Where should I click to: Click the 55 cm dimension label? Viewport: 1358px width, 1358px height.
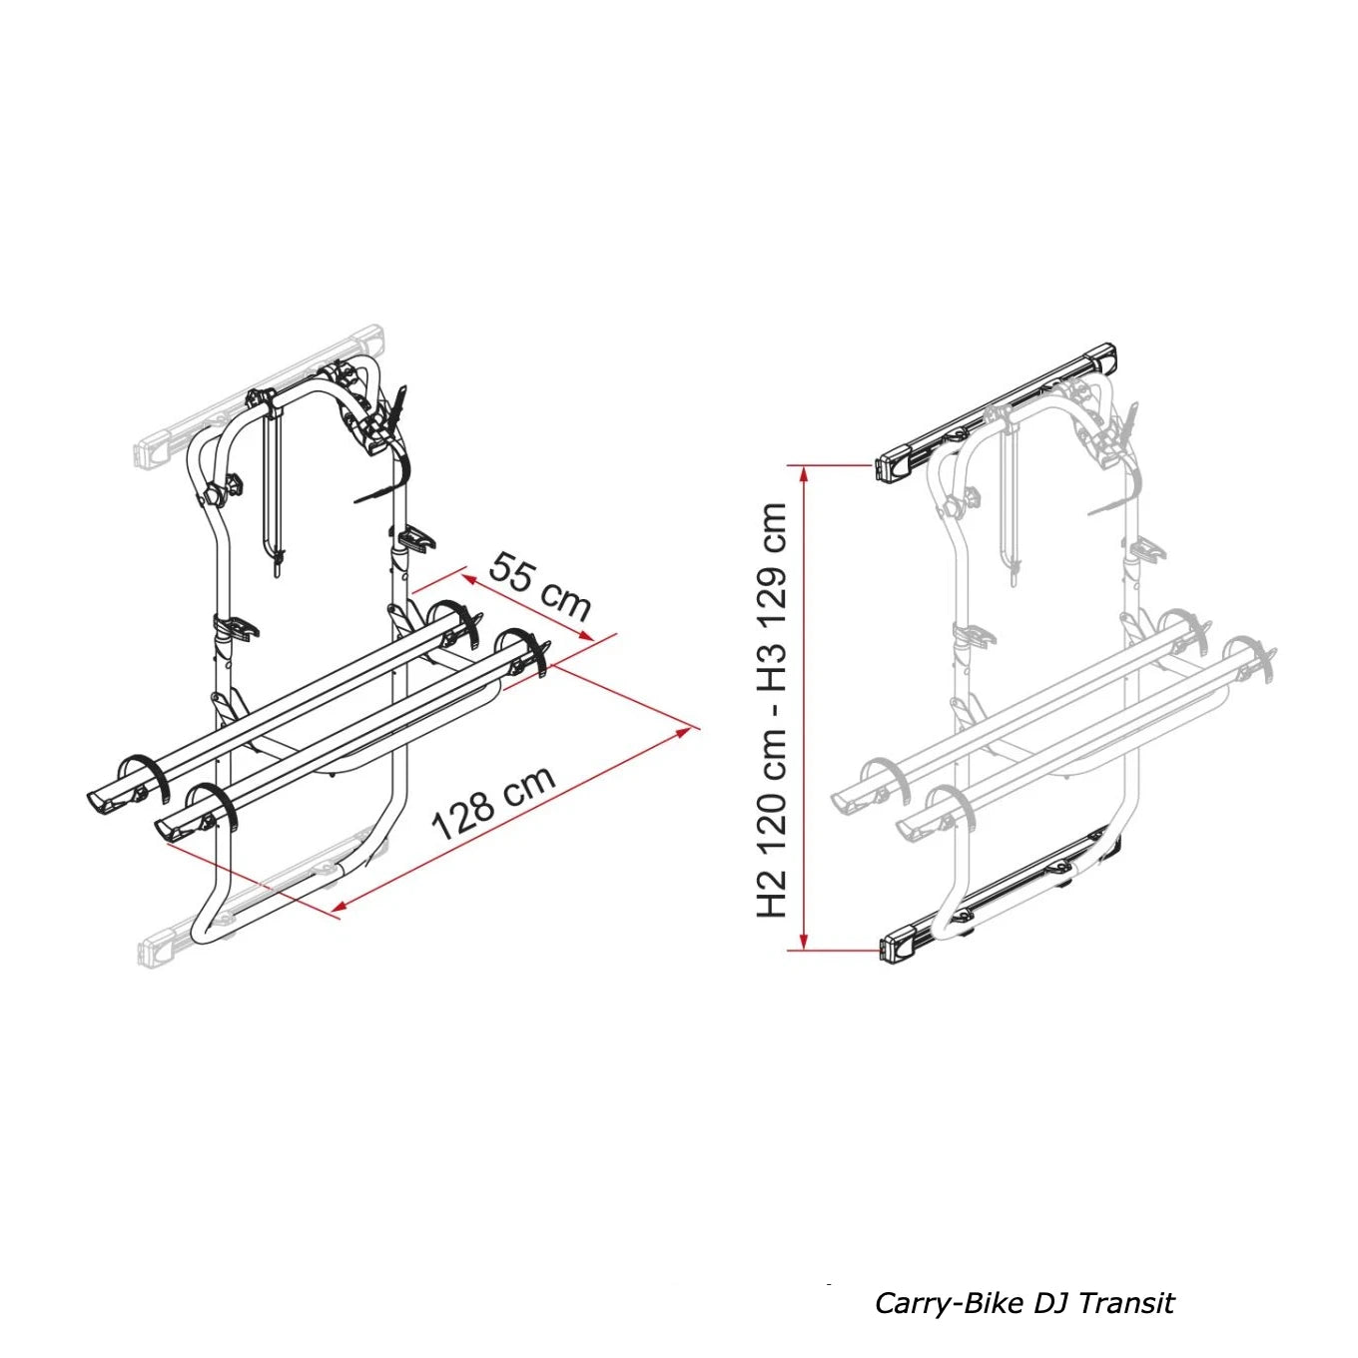coord(540,586)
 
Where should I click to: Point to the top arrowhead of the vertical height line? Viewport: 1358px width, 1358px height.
coord(803,475)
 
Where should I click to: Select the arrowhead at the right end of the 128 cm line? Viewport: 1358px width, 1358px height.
coord(681,732)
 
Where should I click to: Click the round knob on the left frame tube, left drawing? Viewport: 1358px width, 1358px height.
coord(214,494)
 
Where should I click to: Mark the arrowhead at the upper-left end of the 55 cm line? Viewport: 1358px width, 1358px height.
coord(470,578)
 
